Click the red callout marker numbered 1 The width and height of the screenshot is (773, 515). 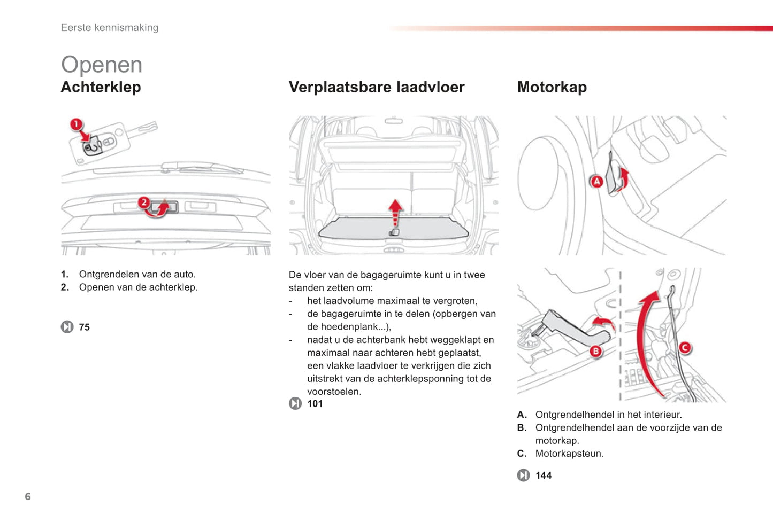[76, 124]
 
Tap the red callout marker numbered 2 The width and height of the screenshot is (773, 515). [144, 202]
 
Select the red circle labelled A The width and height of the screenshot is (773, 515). [596, 182]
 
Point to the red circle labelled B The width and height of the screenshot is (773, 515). [595, 351]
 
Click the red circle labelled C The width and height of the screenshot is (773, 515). [684, 348]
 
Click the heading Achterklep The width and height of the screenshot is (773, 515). [101, 87]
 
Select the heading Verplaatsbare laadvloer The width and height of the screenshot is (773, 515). [377, 87]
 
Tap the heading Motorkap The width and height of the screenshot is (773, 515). [552, 87]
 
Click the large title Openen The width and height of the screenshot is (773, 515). [102, 65]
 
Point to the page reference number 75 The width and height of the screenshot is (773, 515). [85, 327]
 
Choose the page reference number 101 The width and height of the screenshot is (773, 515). [315, 404]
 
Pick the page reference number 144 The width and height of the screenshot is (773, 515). [544, 475]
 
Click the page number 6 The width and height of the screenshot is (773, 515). [28, 497]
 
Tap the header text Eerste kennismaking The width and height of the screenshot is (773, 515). [110, 28]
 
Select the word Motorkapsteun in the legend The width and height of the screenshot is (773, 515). [568, 454]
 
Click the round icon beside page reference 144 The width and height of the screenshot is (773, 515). [523, 475]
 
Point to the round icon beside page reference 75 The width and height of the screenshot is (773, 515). [67, 327]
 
